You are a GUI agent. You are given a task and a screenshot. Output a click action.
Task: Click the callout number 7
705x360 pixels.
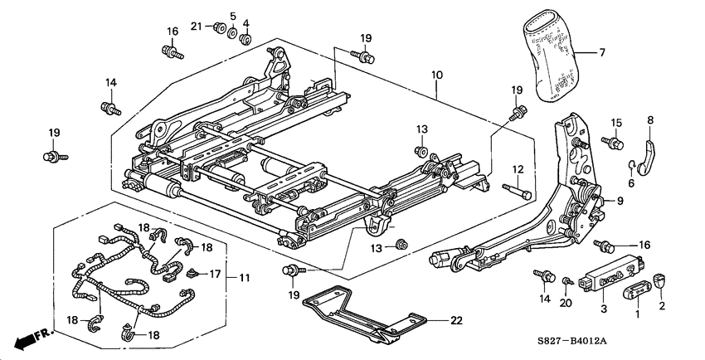(x=603, y=53)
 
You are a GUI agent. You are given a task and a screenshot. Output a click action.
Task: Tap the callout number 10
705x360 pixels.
(x=436, y=75)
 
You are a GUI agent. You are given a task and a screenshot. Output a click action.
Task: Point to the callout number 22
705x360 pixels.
(x=455, y=320)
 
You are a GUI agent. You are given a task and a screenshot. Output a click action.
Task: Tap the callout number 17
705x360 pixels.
(x=214, y=272)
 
